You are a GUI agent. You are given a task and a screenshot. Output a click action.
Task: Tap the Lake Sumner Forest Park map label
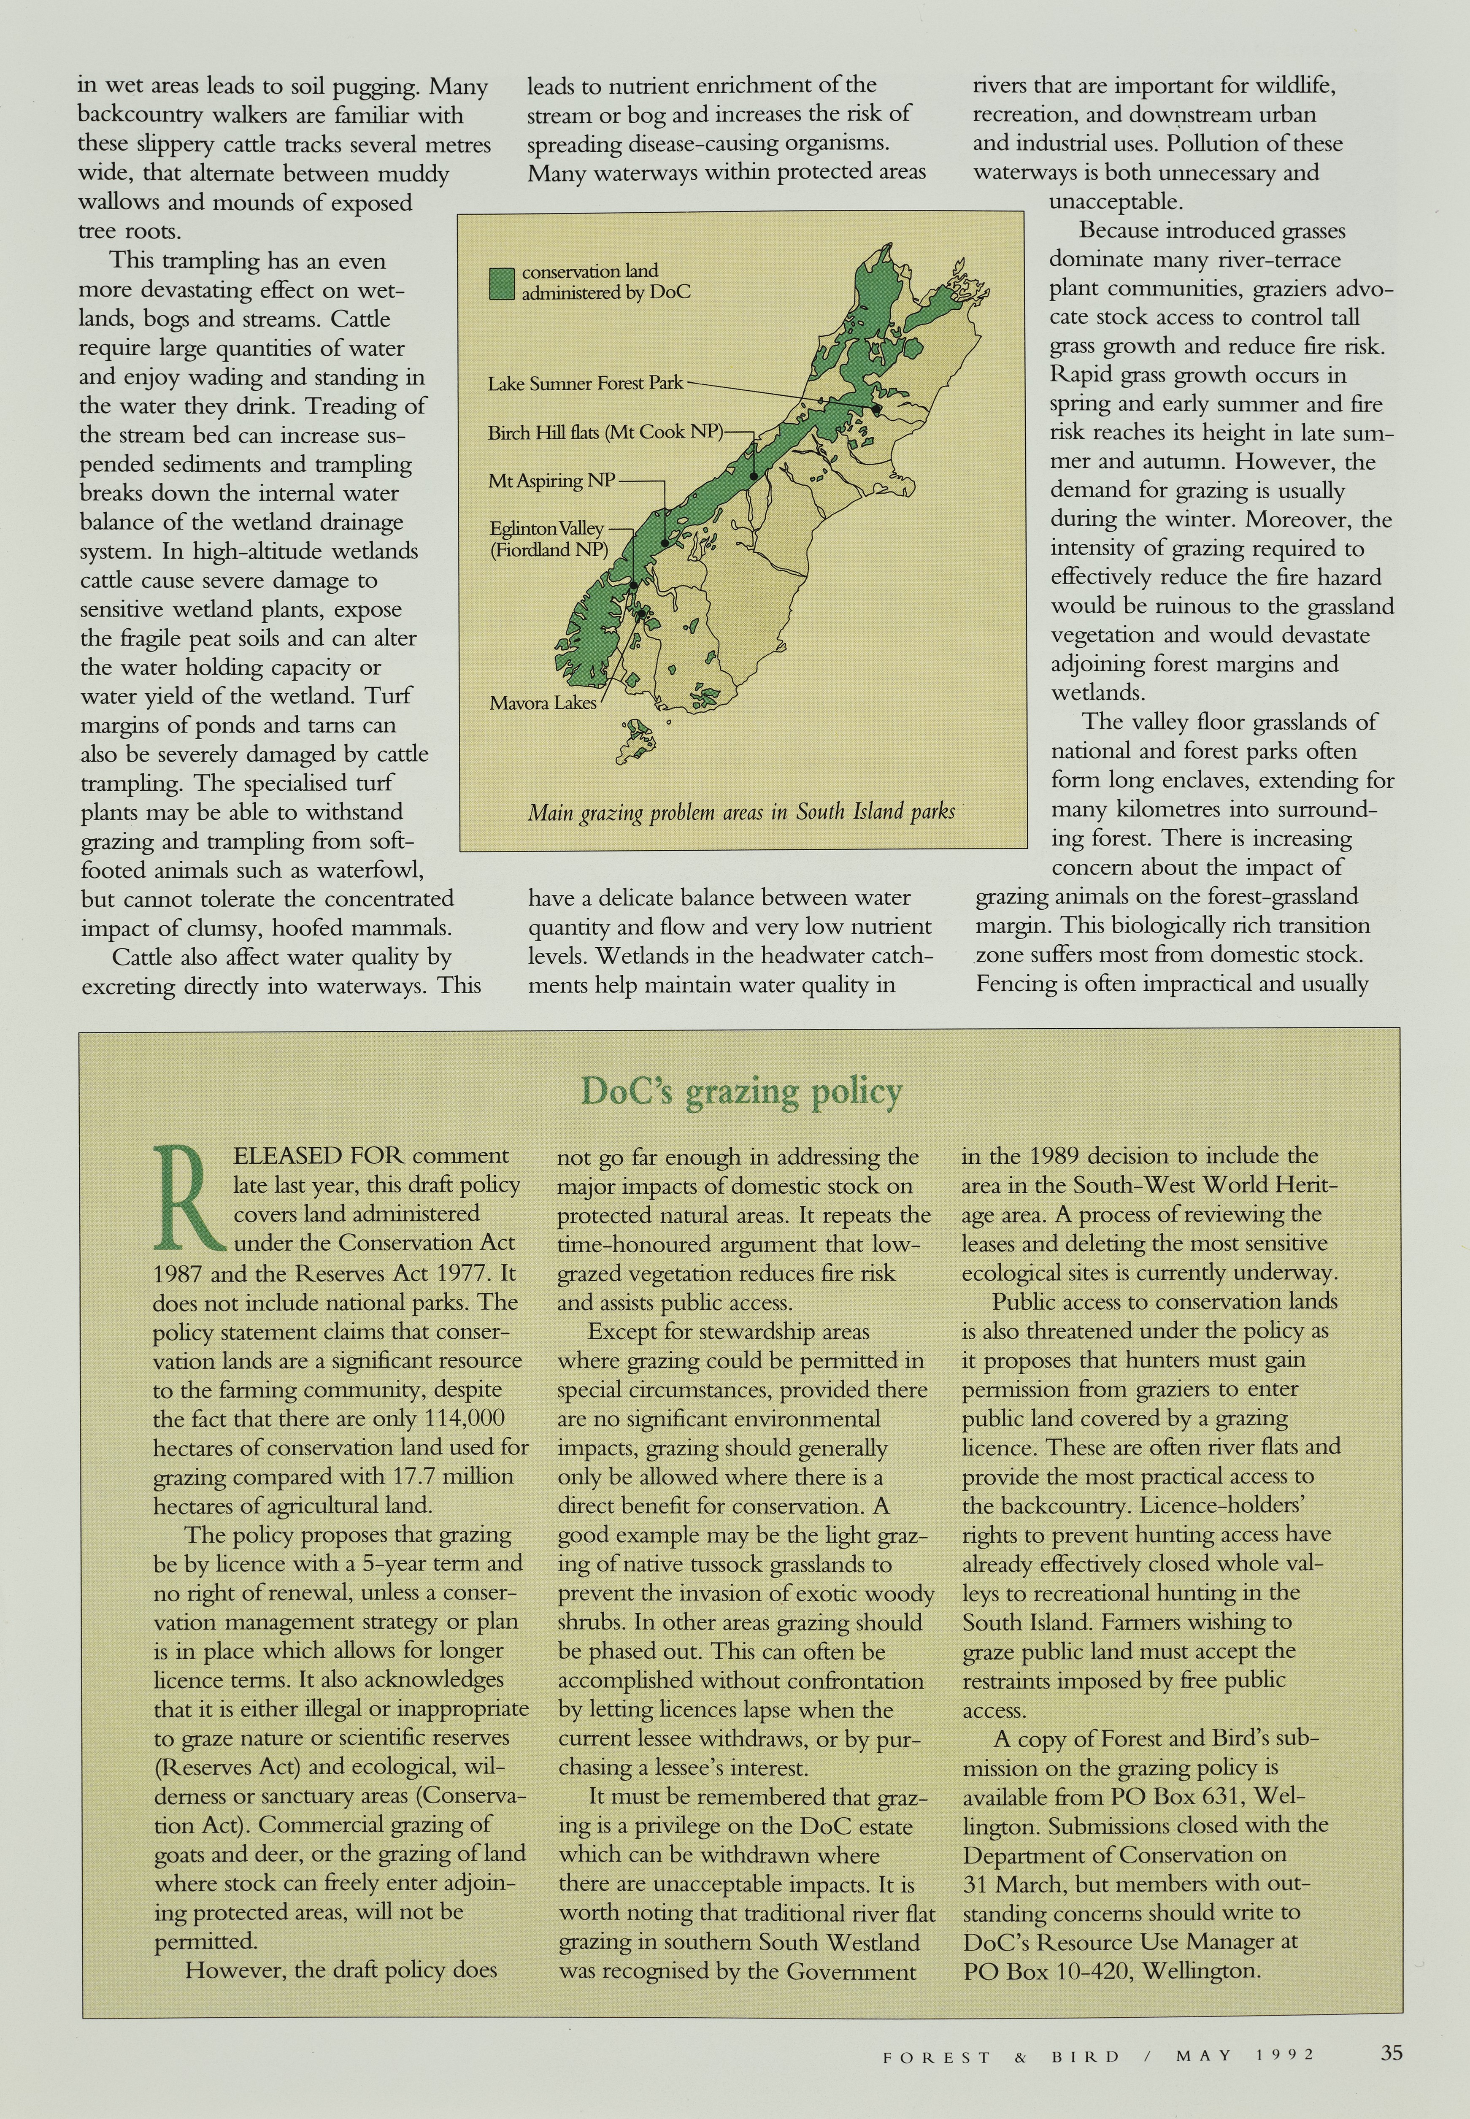[x=585, y=383]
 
